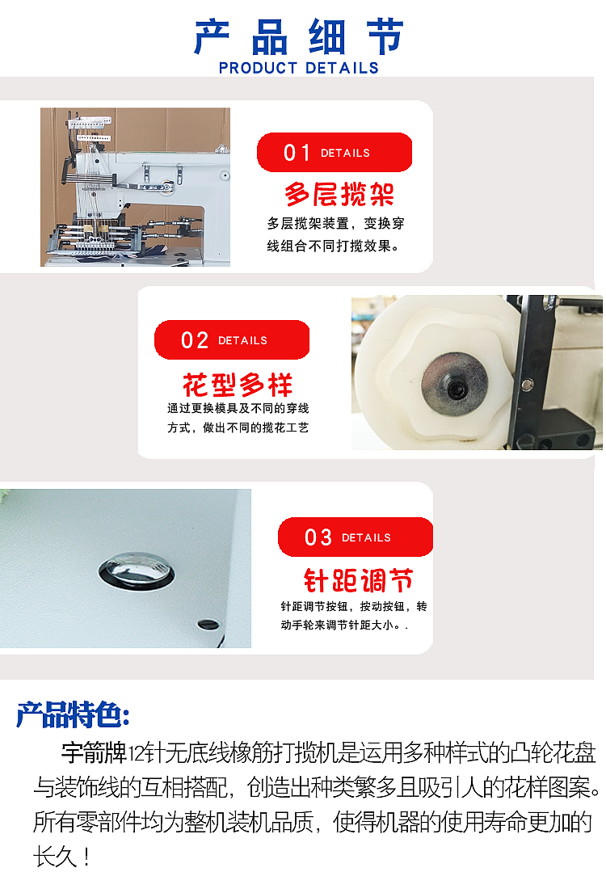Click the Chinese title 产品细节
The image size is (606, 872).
click(x=299, y=36)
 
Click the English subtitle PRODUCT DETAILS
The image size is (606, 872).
click(x=299, y=69)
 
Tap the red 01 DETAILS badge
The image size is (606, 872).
click(x=334, y=153)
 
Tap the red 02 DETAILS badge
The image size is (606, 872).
click(x=232, y=340)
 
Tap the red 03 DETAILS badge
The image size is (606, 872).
click(x=355, y=537)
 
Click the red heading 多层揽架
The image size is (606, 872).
click(x=339, y=194)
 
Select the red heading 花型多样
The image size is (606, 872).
click(x=238, y=384)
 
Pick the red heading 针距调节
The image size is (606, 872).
click(x=358, y=579)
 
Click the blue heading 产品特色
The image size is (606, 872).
click(x=73, y=715)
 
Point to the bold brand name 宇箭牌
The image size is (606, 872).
click(x=94, y=754)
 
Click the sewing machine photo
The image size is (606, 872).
click(x=136, y=187)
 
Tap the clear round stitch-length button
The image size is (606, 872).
click(x=136, y=572)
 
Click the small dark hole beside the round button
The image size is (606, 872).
click(x=208, y=624)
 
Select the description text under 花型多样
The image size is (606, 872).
click(x=238, y=418)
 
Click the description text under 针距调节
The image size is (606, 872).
click(x=354, y=615)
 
